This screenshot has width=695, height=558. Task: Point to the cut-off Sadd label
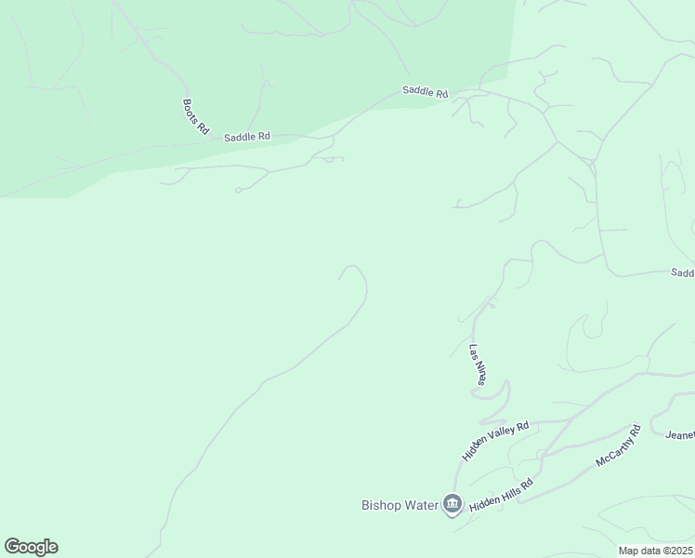[683, 272]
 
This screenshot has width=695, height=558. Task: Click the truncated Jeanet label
[680, 434]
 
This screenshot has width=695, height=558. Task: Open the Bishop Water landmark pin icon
[452, 504]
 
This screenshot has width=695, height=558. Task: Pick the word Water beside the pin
[421, 506]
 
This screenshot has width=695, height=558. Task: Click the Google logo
[31, 547]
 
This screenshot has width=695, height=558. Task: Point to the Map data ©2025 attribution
[655, 551]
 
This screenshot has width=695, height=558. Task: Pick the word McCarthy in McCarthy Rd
[614, 451]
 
